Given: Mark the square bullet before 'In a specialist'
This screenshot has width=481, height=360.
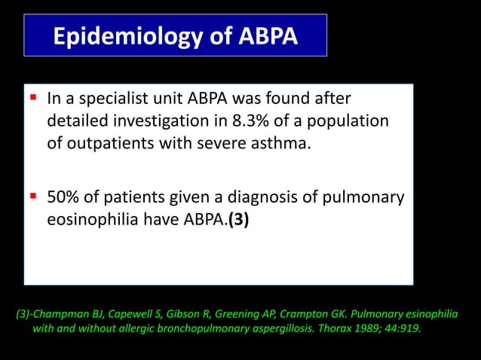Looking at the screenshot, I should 34,98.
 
